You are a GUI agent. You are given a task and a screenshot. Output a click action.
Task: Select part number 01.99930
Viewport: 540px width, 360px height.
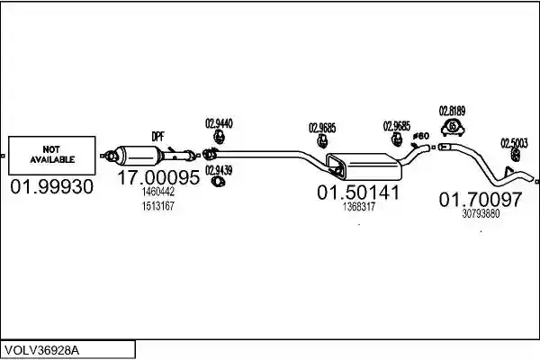[51, 186]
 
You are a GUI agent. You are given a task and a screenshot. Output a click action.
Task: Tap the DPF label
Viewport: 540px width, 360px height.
[157, 137]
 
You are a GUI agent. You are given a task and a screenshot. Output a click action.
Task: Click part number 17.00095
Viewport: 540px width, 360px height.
[158, 177]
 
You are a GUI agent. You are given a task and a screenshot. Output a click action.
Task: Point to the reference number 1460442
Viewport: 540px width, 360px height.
[158, 192]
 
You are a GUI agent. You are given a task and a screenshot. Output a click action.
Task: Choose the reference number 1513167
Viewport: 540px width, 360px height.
[158, 206]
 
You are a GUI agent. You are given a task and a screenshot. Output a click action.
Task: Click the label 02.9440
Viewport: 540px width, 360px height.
[219, 123]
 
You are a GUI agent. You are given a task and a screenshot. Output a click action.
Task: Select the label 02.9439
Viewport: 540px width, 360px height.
[219, 170]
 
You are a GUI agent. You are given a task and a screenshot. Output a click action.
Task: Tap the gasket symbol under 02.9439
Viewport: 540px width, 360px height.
[218, 182]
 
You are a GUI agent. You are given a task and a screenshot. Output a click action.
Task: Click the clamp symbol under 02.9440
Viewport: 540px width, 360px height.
[219, 137]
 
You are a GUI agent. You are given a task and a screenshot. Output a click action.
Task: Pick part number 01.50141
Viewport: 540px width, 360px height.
[358, 193]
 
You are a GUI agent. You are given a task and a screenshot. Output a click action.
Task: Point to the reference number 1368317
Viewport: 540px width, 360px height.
[358, 207]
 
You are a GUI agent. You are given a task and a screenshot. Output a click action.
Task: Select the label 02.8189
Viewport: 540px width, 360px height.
[452, 111]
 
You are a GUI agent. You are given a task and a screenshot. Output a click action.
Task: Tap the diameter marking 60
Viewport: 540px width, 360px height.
[421, 136]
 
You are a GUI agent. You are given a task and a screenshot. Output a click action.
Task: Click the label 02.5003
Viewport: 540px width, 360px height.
[514, 143]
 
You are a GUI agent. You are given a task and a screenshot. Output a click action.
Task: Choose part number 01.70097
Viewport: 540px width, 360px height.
[481, 200]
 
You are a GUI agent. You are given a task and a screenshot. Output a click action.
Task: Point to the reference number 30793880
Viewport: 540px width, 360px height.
[481, 213]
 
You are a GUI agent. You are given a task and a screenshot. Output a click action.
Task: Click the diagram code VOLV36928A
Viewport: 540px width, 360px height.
[42, 351]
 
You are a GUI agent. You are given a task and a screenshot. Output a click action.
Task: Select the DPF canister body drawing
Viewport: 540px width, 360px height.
[138, 157]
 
